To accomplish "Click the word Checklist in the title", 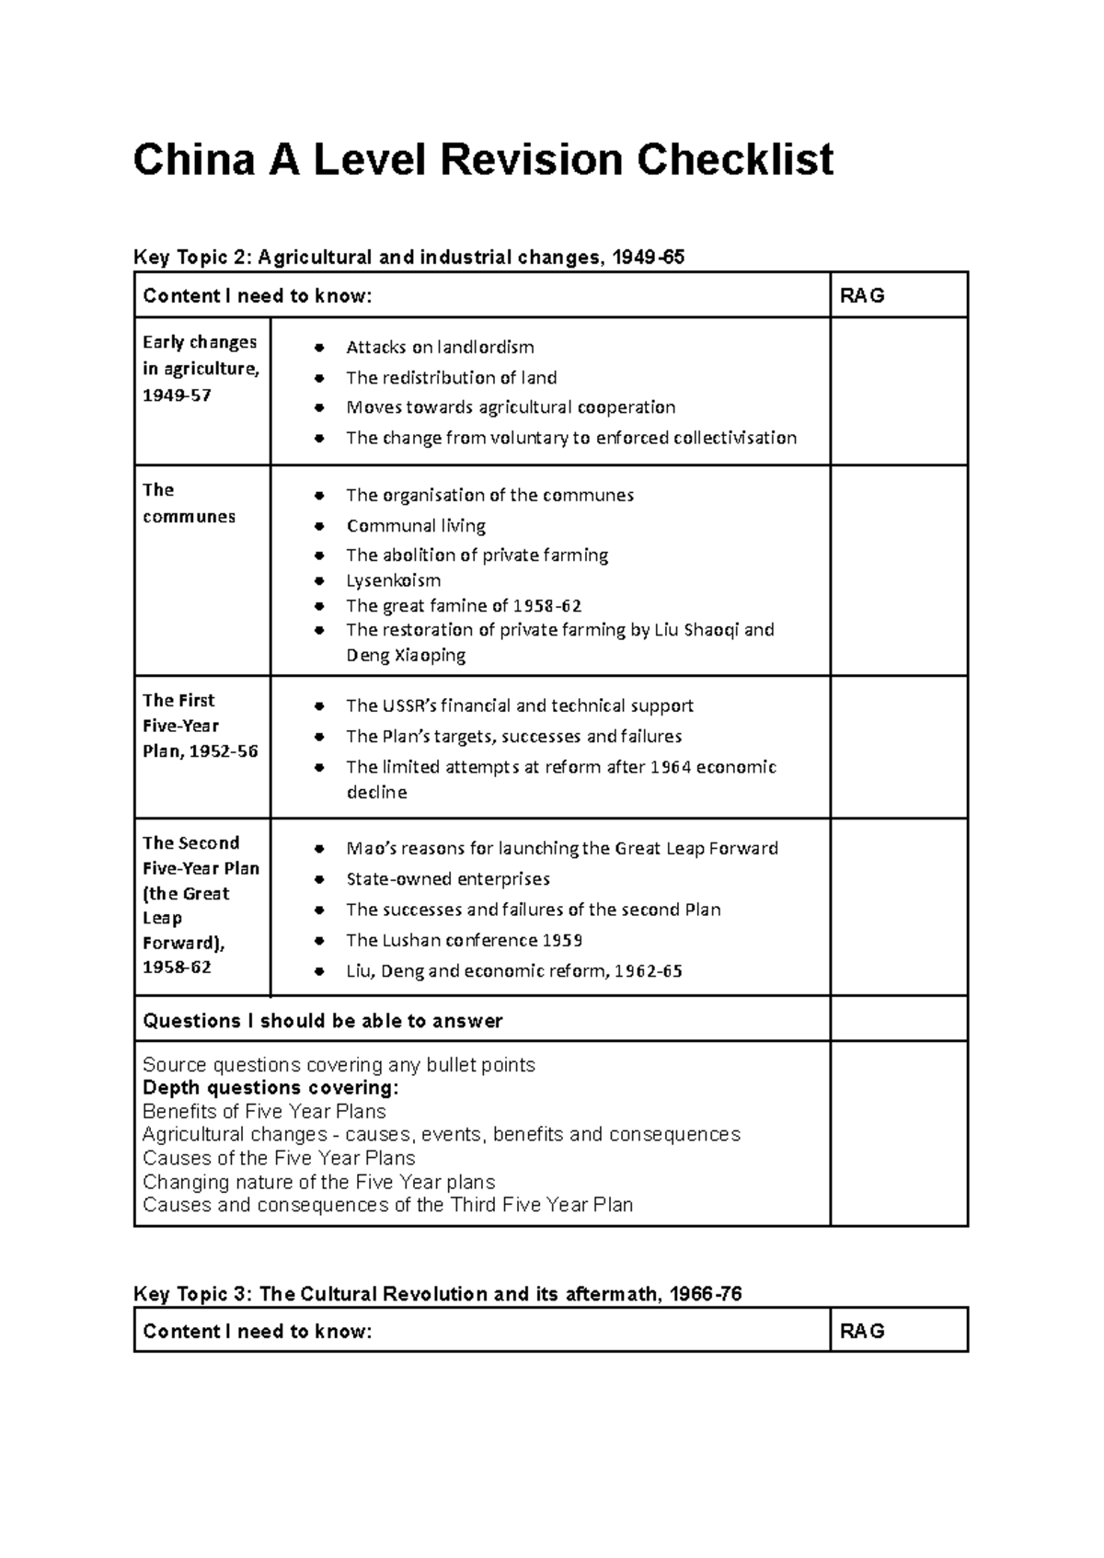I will click(x=735, y=160).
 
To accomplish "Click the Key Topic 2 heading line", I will click(x=408, y=258).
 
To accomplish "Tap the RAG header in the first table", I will click(x=862, y=295).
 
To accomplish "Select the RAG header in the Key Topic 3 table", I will click(x=862, y=1331).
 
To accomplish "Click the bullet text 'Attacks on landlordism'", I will click(x=440, y=348).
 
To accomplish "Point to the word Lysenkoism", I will click(x=393, y=580).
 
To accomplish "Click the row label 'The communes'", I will click(x=189, y=503).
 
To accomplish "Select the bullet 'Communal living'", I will click(x=416, y=526).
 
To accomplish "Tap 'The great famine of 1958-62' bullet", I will click(x=464, y=605).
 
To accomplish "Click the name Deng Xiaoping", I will click(x=406, y=656).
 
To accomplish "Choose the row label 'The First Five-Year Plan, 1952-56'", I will click(x=200, y=726).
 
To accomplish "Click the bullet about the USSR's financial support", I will click(x=519, y=706).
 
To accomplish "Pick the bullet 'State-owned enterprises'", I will click(x=447, y=879).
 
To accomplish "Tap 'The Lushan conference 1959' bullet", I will click(x=464, y=940).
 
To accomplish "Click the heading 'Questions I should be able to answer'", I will click(x=323, y=1021).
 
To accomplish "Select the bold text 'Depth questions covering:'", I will click(x=271, y=1088).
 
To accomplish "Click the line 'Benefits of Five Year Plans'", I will click(x=264, y=1111).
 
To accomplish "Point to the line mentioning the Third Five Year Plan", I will click(x=387, y=1205).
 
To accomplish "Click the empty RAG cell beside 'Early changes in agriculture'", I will click(x=898, y=392).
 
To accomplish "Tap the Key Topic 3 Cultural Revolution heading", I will click(x=437, y=1294).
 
